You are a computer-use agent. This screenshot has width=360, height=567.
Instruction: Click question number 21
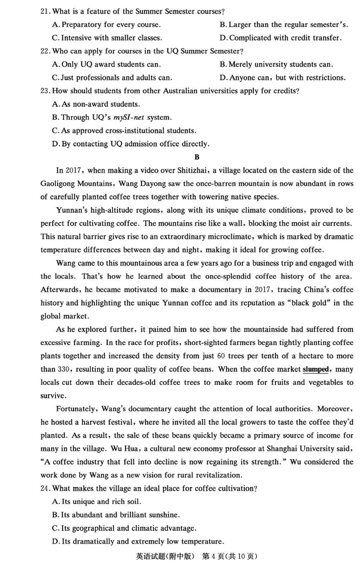pyautogui.click(x=45, y=11)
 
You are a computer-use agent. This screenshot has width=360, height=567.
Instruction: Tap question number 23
pyautogui.click(x=45, y=91)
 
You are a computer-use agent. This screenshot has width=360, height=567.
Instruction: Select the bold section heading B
pyautogui.click(x=197, y=157)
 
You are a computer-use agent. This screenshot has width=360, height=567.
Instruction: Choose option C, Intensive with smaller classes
pyautogui.click(x=107, y=38)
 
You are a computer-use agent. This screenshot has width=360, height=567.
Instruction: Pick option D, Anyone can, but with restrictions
pyautogui.click(x=283, y=77)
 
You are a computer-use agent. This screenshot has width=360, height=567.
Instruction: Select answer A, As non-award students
pyautogui.click(x=96, y=104)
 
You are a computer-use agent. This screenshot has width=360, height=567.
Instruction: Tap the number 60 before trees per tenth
pyautogui.click(x=221, y=356)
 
